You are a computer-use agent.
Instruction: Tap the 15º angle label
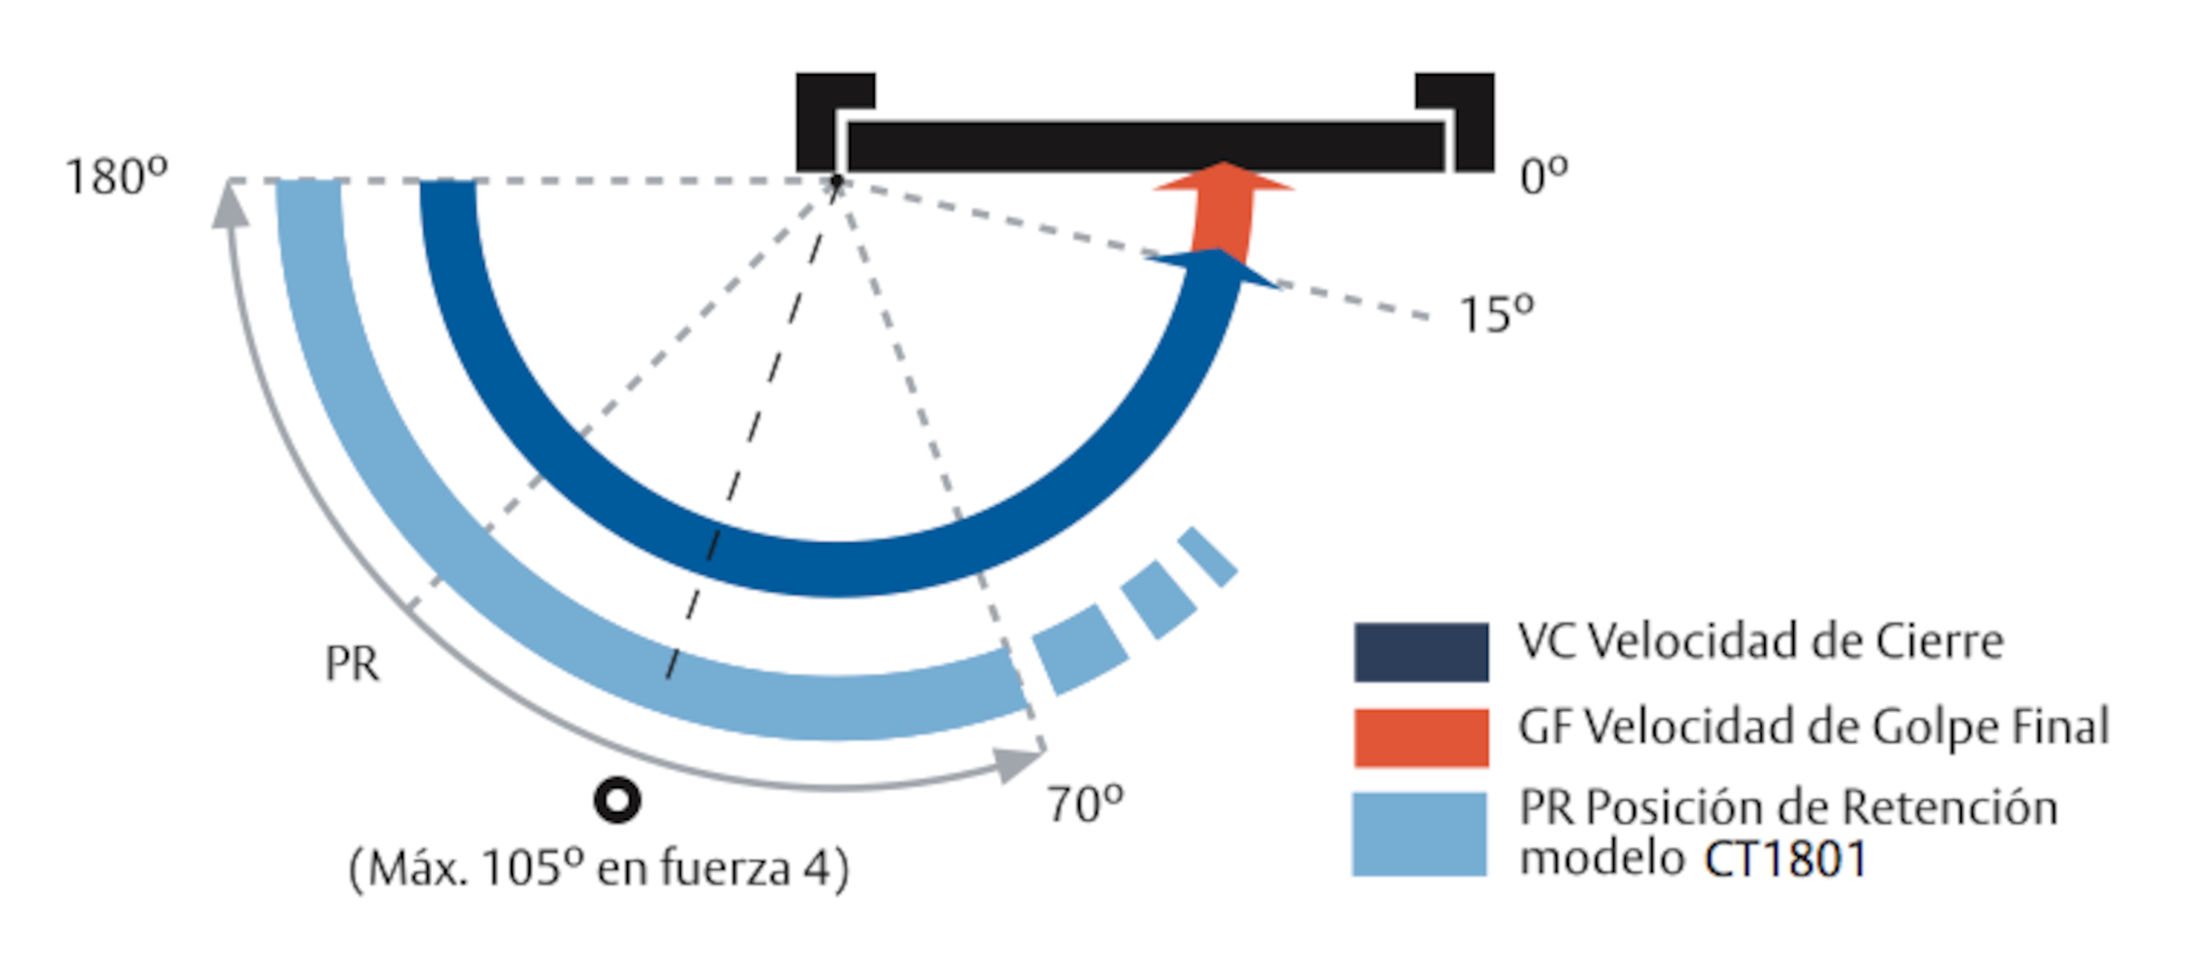[1496, 314]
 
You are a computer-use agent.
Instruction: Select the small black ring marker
[617, 801]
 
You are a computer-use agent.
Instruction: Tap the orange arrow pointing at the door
[1224, 210]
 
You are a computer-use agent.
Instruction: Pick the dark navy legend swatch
[1421, 652]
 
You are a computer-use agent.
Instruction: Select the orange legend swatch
[1421, 737]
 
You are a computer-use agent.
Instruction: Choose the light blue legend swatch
[1420, 834]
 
